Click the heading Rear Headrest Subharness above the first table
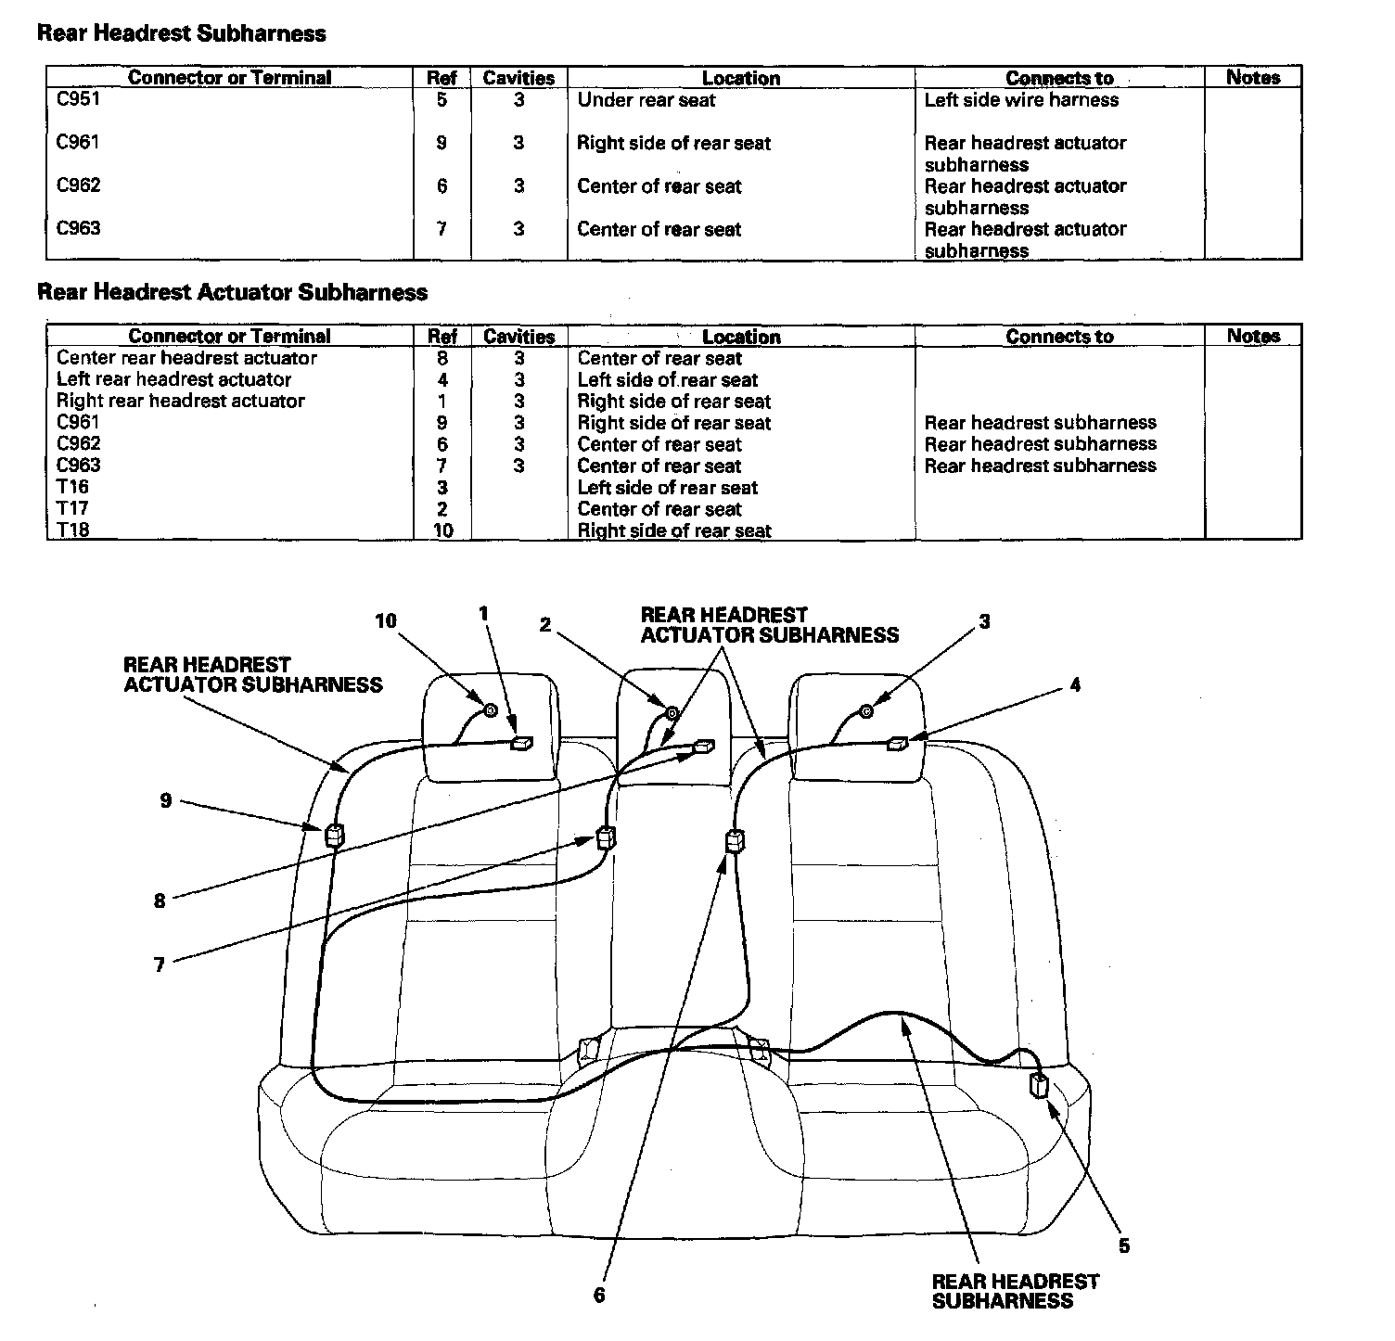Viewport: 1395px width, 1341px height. click(182, 34)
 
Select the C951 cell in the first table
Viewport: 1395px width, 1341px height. click(78, 99)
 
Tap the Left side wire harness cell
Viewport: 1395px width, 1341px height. click(1021, 100)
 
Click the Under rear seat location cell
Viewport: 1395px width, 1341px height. click(646, 100)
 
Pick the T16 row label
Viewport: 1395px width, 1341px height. click(72, 487)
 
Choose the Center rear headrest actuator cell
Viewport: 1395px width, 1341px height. click(186, 358)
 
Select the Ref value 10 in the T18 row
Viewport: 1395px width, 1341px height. click(442, 530)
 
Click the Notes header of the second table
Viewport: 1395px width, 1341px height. click(1253, 336)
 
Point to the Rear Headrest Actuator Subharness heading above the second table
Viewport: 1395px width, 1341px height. click(232, 293)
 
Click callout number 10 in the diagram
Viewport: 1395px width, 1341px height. click(386, 621)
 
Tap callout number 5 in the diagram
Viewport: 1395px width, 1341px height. click(1124, 1246)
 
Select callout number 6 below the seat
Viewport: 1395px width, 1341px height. click(599, 1295)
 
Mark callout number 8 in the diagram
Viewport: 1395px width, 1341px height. click(160, 900)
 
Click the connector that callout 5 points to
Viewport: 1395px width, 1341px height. click(1040, 1086)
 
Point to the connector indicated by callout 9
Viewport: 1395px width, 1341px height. click(334, 836)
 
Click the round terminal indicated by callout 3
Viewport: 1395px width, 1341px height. click(865, 711)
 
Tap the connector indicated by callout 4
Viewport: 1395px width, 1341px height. click(898, 743)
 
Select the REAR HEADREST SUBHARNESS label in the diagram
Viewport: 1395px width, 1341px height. click(1015, 1291)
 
